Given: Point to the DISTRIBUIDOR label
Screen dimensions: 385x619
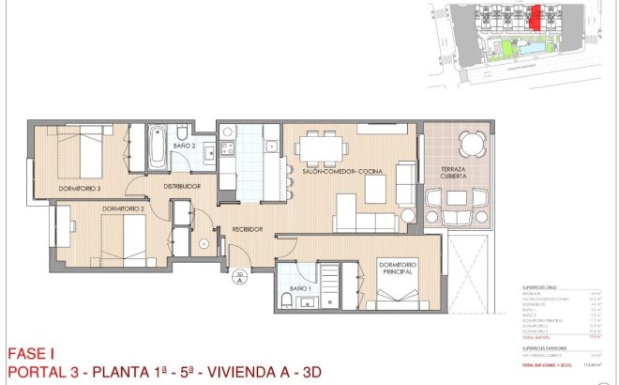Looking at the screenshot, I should tap(182, 187).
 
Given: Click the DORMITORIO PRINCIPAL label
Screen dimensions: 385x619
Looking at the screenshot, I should tap(398, 269).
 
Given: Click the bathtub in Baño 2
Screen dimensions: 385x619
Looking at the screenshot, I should tap(157, 149).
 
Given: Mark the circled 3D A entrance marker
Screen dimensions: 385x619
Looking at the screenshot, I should tap(239, 276).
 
